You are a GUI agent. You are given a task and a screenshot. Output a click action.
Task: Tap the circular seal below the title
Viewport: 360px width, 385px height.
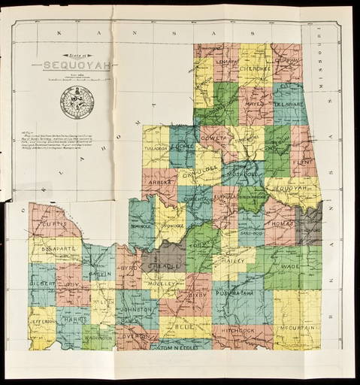(x=77, y=102)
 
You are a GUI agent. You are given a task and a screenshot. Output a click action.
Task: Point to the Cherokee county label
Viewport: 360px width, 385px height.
(x=254, y=68)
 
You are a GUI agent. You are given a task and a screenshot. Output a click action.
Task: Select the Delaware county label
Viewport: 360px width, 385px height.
(x=290, y=107)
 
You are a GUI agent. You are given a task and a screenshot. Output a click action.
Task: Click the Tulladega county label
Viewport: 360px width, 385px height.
(x=156, y=148)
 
